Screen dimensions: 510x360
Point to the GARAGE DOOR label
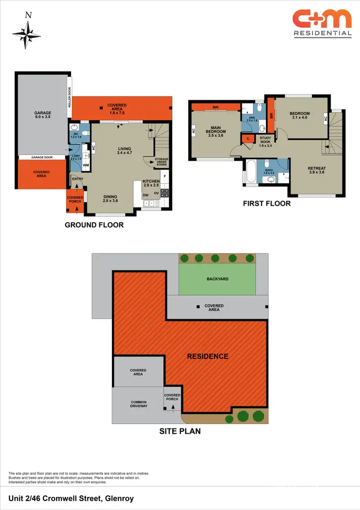42,157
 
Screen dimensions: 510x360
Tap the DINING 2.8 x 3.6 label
111,198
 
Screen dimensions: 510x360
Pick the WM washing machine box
86,166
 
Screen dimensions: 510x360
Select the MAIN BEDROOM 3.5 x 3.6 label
216,131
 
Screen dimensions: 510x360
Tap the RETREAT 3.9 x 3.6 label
316,170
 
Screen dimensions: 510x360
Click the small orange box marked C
248,139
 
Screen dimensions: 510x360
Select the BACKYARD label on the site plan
217,278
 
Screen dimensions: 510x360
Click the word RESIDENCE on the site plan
207,356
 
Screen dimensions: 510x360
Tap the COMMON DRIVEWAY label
138,404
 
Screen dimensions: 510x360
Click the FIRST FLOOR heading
266,203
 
